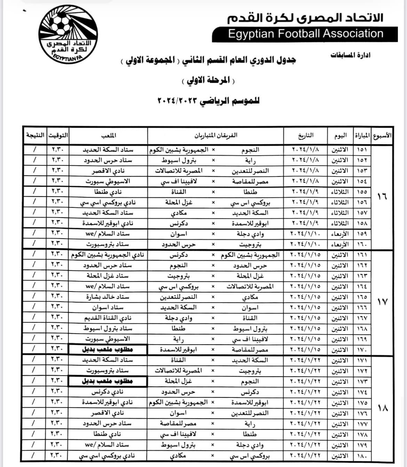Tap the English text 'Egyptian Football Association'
[305, 34]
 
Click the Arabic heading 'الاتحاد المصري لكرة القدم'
[305, 18]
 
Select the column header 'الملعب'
[109, 135]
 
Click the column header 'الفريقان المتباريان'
[216, 135]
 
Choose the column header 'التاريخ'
[306, 135]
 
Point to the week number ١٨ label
[382, 408]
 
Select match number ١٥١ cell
[362, 150]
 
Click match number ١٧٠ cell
[362, 350]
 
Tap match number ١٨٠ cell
[362, 456]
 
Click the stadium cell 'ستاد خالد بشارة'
[107, 297]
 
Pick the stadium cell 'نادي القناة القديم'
[107, 318]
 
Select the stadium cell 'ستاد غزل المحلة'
[107, 276]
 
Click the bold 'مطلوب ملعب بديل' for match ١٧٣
[107, 381]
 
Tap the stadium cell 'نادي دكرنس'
[107, 392]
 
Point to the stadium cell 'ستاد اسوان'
[107, 308]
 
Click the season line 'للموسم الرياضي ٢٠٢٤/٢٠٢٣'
[209, 101]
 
